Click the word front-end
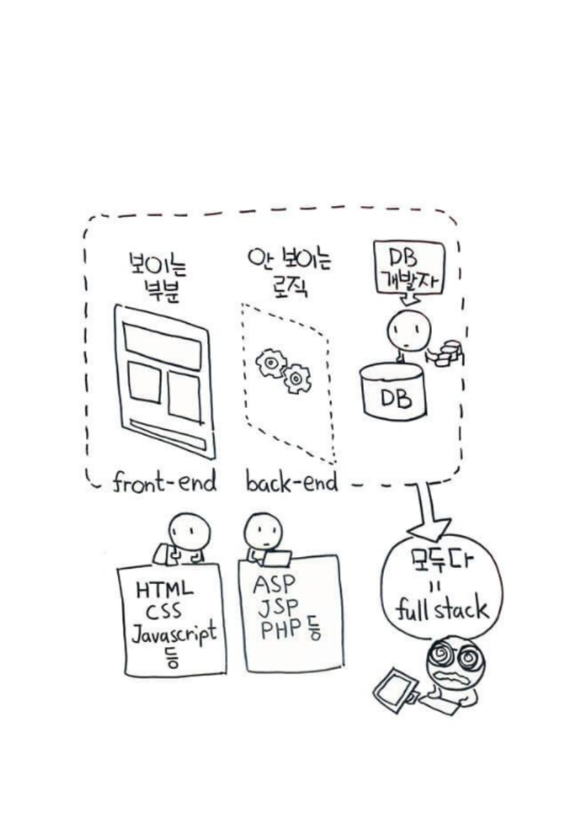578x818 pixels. pyautogui.click(x=164, y=483)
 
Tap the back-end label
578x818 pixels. pyautogui.click(x=291, y=483)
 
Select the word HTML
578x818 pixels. pyautogui.click(x=164, y=590)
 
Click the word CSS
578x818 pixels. pyautogui.click(x=163, y=612)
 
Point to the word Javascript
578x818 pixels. pyautogui.click(x=173, y=635)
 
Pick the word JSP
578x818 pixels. pyautogui.click(x=277, y=608)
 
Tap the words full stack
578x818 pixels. pyautogui.click(x=442, y=611)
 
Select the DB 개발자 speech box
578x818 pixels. pyautogui.click(x=409, y=267)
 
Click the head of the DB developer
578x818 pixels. pyautogui.click(x=408, y=330)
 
